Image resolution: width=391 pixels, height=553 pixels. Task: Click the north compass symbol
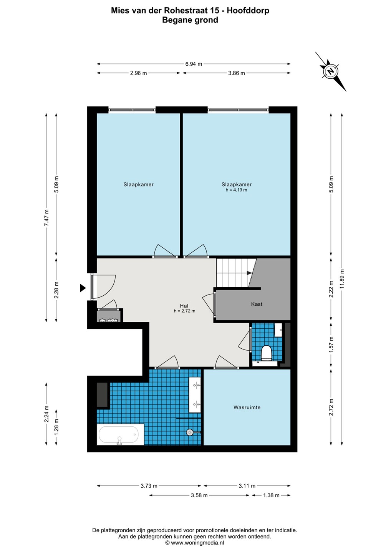pos(331,71)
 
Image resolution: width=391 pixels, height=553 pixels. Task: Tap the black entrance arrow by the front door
pos(83,288)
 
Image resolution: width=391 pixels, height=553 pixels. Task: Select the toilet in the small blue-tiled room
pos(266,353)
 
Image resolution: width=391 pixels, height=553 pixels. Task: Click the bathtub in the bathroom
pos(120,435)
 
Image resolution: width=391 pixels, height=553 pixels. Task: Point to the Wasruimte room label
pos(247,407)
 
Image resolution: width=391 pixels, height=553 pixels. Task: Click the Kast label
pos(257,304)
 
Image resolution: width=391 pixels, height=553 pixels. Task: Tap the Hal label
pos(184,306)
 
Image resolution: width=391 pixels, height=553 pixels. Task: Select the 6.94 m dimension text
pos(194,64)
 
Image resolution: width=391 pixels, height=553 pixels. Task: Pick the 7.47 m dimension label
pos(46,217)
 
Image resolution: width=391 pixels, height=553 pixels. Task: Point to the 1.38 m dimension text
pos(271,495)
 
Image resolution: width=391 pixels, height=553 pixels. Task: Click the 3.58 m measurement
pos(199,495)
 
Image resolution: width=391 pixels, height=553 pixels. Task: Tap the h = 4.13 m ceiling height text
pos(236,190)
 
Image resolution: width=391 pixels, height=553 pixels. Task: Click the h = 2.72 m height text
pos(184,311)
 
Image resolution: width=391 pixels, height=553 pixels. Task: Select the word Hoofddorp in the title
pos(248,11)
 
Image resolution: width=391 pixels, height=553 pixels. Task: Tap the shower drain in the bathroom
pos(190,432)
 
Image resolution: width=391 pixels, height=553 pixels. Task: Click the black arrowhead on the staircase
pos(249,273)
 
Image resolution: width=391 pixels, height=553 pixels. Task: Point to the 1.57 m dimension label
pos(331,344)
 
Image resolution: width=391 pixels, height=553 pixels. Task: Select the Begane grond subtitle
pos(190,20)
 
